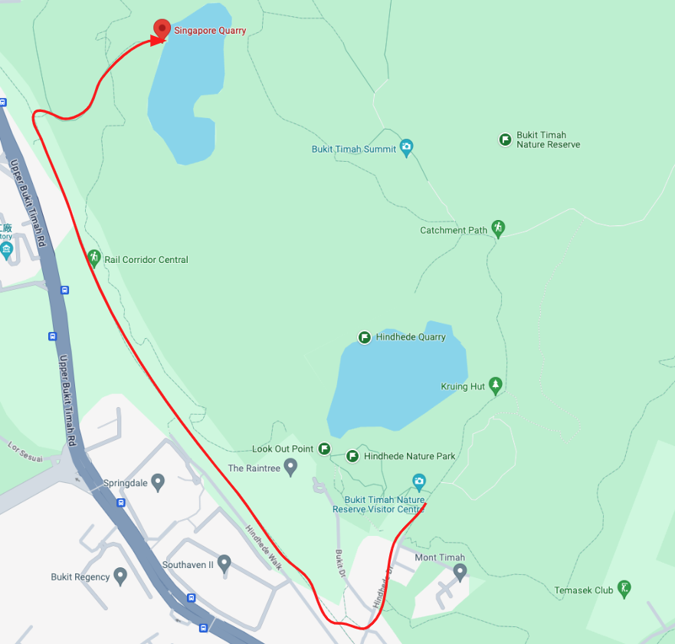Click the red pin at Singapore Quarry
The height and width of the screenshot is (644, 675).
click(x=162, y=28)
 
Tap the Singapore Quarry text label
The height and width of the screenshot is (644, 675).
click(x=210, y=31)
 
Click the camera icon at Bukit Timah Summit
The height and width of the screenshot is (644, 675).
click(x=406, y=146)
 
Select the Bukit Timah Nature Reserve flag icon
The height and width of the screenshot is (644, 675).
click(x=505, y=140)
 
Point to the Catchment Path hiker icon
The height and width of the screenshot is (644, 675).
click(x=498, y=228)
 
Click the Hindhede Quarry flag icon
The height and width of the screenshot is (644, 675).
click(x=365, y=337)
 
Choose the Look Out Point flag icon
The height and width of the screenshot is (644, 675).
click(x=324, y=449)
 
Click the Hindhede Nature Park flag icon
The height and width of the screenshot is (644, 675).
click(x=352, y=456)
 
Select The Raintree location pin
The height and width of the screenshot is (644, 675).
click(x=290, y=466)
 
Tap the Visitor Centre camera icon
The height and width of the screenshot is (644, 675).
click(x=418, y=481)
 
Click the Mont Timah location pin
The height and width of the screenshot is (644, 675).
click(x=460, y=571)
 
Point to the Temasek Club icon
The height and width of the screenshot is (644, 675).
click(x=624, y=588)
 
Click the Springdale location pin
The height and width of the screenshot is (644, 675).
click(x=158, y=482)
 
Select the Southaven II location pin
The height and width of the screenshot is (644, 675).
click(x=224, y=563)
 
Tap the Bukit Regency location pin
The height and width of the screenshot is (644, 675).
click(x=120, y=575)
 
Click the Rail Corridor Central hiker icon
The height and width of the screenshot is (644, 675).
click(x=94, y=258)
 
